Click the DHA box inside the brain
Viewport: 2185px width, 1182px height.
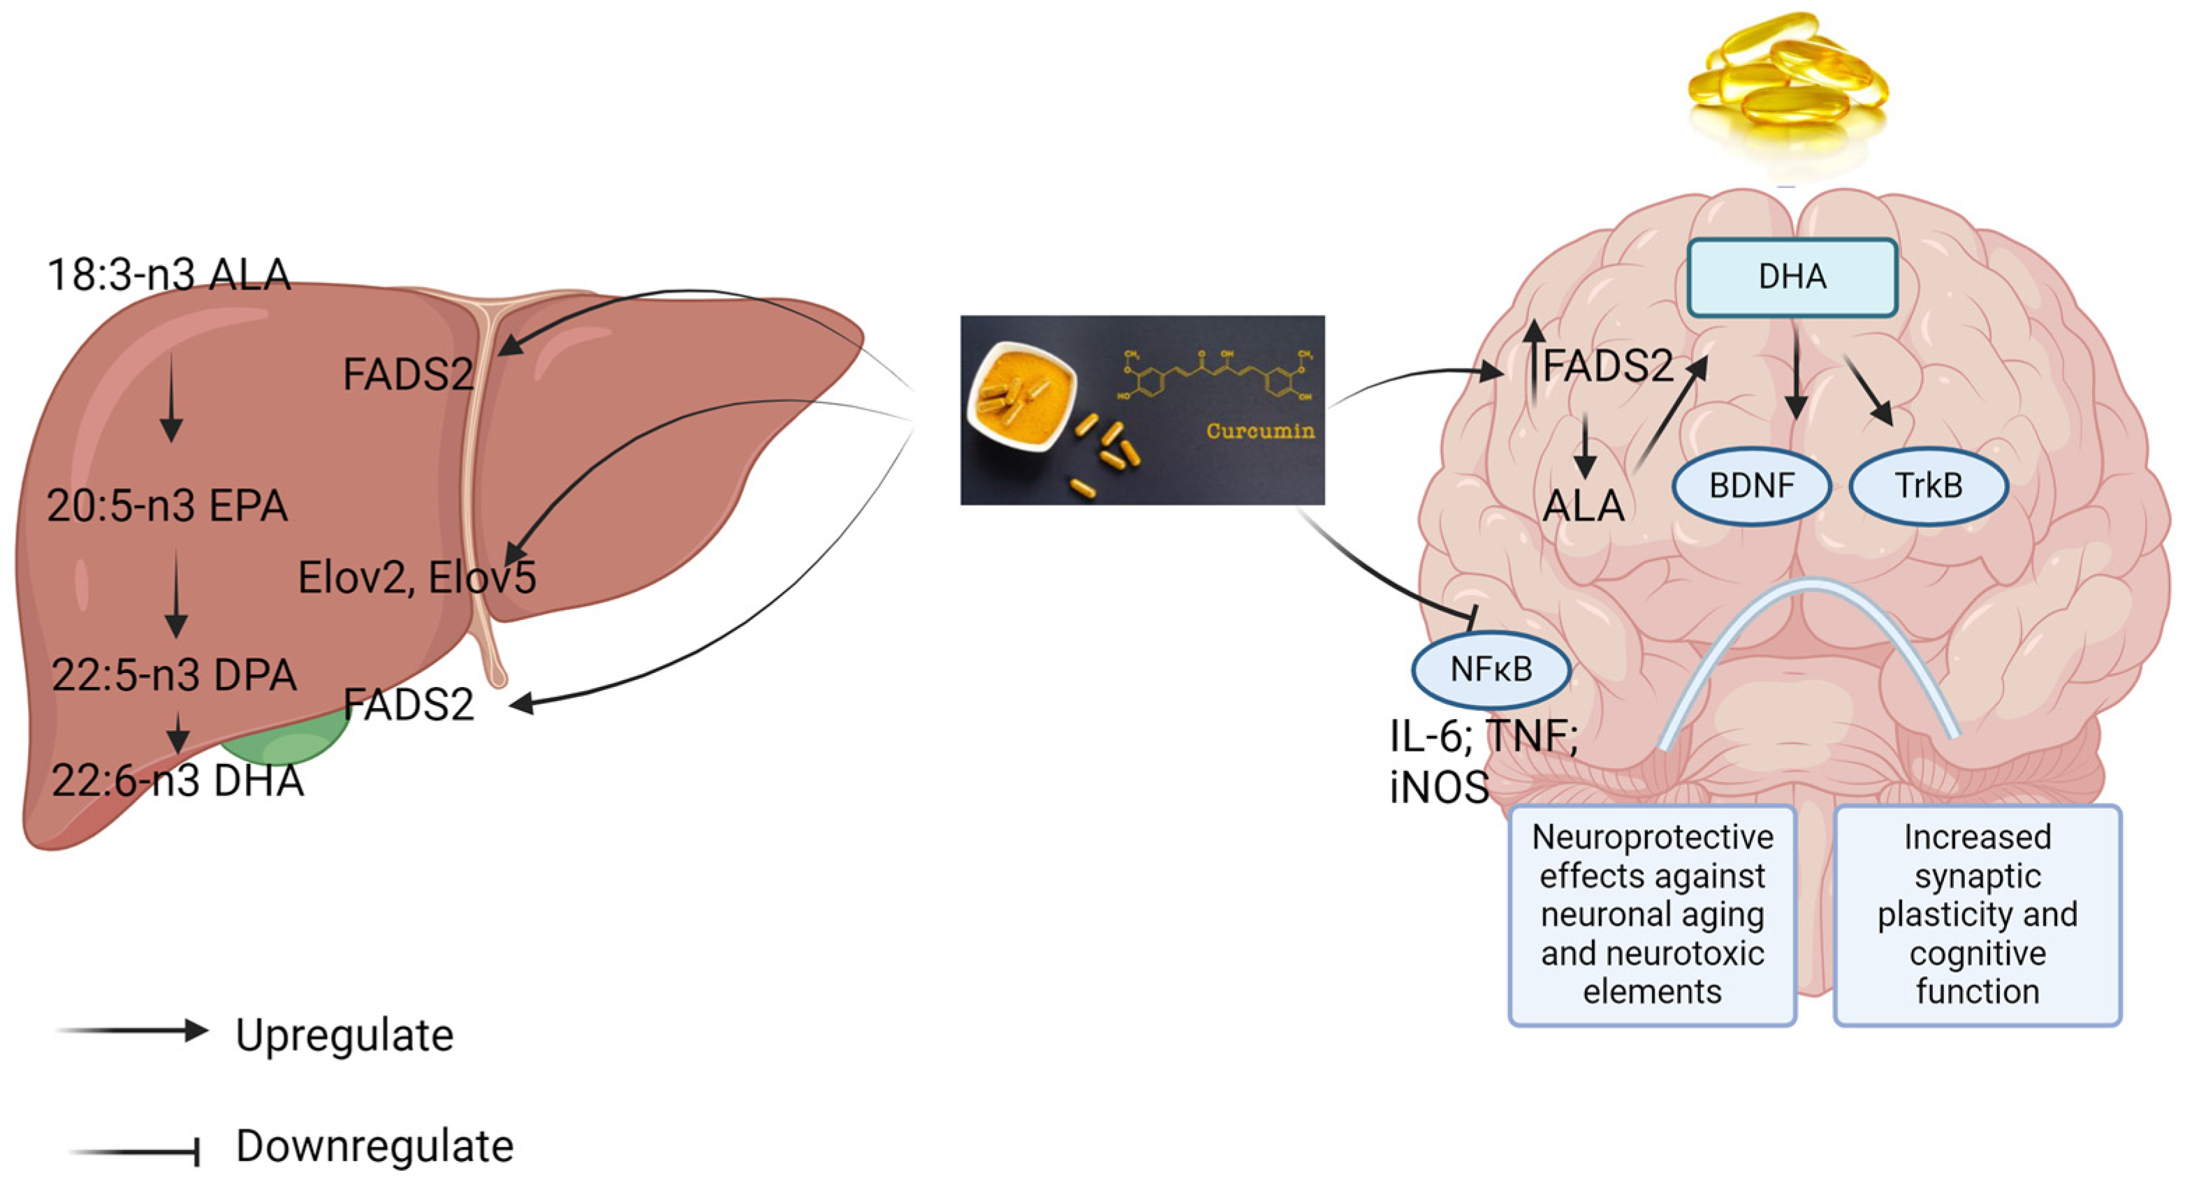(x=1792, y=277)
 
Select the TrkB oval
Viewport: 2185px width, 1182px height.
(x=1928, y=486)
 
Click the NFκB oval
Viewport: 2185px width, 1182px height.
(x=1491, y=670)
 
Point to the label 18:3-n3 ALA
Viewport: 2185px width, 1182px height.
(x=169, y=274)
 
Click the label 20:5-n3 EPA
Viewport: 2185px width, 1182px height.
(x=167, y=505)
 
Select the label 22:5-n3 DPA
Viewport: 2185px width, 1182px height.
(x=174, y=675)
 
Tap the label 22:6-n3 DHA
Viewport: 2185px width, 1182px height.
(x=177, y=780)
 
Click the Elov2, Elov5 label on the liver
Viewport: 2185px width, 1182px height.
(x=416, y=578)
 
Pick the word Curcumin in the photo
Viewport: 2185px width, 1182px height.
(x=1260, y=431)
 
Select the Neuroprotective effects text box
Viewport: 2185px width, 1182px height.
(x=1652, y=915)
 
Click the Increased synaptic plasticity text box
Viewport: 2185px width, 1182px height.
(x=1977, y=915)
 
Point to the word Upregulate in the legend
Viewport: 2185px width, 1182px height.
(x=344, y=1035)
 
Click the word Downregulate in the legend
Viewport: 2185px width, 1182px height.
(x=374, y=1146)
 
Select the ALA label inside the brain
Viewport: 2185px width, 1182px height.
(x=1583, y=506)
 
